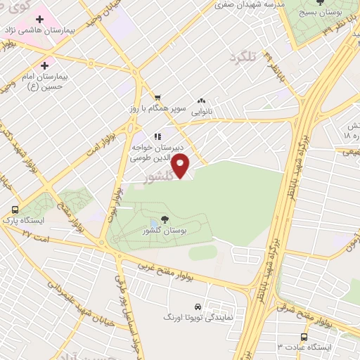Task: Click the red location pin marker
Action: pyautogui.click(x=182, y=167)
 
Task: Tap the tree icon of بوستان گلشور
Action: pyautogui.click(x=164, y=220)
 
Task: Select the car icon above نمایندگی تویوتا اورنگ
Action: pyautogui.click(x=199, y=307)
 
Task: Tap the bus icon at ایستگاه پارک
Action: pyautogui.click(x=15, y=210)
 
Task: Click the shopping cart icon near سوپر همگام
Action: pyautogui.click(x=158, y=98)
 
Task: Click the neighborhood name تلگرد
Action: pyautogui.click(x=244, y=54)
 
